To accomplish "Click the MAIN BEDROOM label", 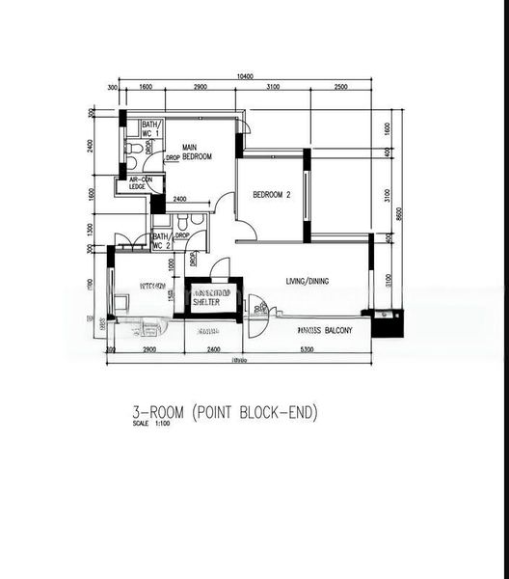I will point(196,152).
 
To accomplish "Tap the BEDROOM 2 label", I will point(272,195).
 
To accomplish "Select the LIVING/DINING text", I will point(307,281).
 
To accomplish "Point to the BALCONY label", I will point(324,330).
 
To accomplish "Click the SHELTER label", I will point(206,301).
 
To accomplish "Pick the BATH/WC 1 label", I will point(150,129).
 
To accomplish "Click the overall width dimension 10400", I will point(244,76).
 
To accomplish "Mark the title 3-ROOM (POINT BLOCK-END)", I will point(225,413).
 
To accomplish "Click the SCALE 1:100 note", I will point(150,427).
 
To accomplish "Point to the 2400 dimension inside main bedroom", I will point(179,200).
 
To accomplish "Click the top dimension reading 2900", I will point(201,88).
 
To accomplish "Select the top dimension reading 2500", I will point(341,88).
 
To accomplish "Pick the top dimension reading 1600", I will point(146,88).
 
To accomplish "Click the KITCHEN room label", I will point(153,287).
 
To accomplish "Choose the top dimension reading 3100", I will point(272,88).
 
